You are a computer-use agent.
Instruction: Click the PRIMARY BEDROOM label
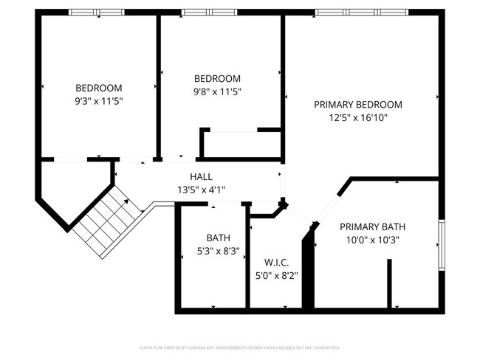[x=358, y=104]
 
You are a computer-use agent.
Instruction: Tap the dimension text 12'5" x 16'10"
[x=358, y=117]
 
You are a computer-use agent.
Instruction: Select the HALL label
[x=201, y=176]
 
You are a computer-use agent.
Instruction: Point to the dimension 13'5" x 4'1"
[x=201, y=190]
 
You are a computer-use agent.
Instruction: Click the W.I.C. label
[x=276, y=263]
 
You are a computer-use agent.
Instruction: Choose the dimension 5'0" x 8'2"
[x=276, y=276]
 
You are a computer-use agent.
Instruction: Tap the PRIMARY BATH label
[x=372, y=226]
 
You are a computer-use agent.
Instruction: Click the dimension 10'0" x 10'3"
[x=372, y=240]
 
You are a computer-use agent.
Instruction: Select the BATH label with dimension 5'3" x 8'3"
[x=218, y=238]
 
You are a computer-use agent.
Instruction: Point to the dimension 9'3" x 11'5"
[x=98, y=100]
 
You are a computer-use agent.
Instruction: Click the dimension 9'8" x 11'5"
[x=217, y=92]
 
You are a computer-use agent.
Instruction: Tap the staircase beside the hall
[x=109, y=219]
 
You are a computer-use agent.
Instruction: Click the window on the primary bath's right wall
[x=441, y=244]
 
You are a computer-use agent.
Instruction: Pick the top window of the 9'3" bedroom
[x=97, y=13]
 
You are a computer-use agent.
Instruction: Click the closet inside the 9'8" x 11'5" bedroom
[x=241, y=145]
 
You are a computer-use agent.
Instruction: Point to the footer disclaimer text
[x=239, y=347]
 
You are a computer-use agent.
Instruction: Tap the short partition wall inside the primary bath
[x=390, y=284]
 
